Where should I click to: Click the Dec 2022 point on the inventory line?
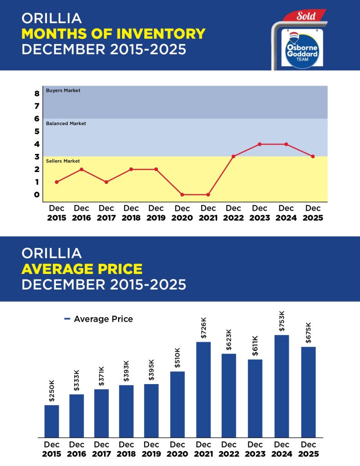click(x=233, y=157)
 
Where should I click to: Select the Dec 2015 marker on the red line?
click(x=56, y=182)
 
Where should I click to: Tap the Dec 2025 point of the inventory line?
click(x=313, y=157)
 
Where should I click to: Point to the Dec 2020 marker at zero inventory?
click(x=182, y=195)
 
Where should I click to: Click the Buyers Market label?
click(x=63, y=91)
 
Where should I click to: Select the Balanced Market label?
click(x=66, y=123)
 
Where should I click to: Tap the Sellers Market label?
click(x=63, y=161)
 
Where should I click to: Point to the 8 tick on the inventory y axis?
click(x=37, y=94)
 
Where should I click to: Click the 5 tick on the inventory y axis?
click(x=37, y=132)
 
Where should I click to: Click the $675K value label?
click(x=308, y=334)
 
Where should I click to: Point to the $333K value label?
click(x=76, y=381)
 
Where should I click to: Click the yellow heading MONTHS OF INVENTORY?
click(x=113, y=33)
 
